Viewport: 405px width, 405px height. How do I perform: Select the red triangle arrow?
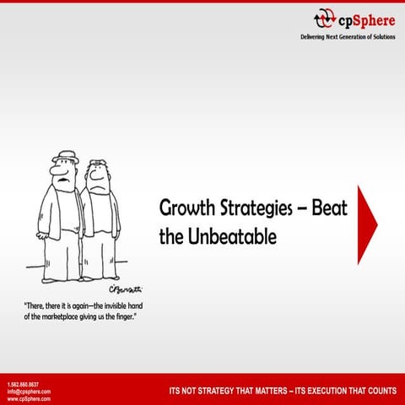click(x=367, y=224)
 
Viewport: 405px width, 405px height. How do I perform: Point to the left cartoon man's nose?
click(x=55, y=177)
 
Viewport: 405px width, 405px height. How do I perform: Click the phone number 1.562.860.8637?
click(x=23, y=385)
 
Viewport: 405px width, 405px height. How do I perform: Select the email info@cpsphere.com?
click(x=29, y=391)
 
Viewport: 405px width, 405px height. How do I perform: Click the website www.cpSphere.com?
click(x=29, y=398)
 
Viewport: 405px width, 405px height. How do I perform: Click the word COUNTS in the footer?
click(x=377, y=391)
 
